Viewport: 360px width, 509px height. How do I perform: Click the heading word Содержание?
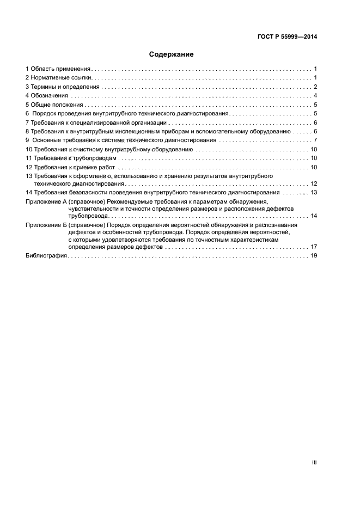click(x=172, y=54)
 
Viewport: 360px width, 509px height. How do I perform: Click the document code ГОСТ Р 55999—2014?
click(x=287, y=37)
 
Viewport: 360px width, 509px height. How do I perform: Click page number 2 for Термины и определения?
click(x=315, y=87)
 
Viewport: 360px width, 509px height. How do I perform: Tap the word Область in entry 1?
click(x=42, y=69)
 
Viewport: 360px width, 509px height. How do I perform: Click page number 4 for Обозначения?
click(x=315, y=95)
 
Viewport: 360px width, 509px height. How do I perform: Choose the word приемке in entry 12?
click(x=91, y=167)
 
